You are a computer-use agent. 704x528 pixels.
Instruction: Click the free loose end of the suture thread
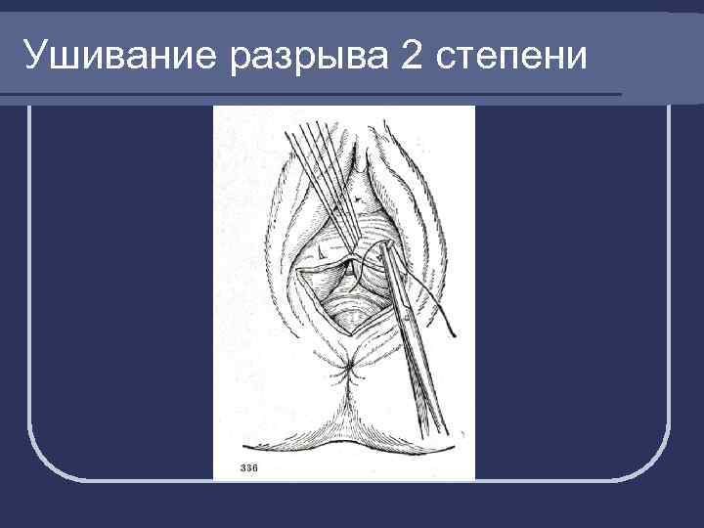447,330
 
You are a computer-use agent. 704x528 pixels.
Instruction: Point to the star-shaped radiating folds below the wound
348,369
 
